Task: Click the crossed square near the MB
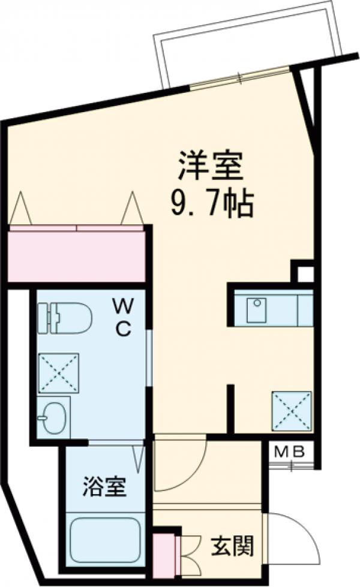pyautogui.click(x=292, y=410)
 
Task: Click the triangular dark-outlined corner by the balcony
pyautogui.click(x=308, y=96)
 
